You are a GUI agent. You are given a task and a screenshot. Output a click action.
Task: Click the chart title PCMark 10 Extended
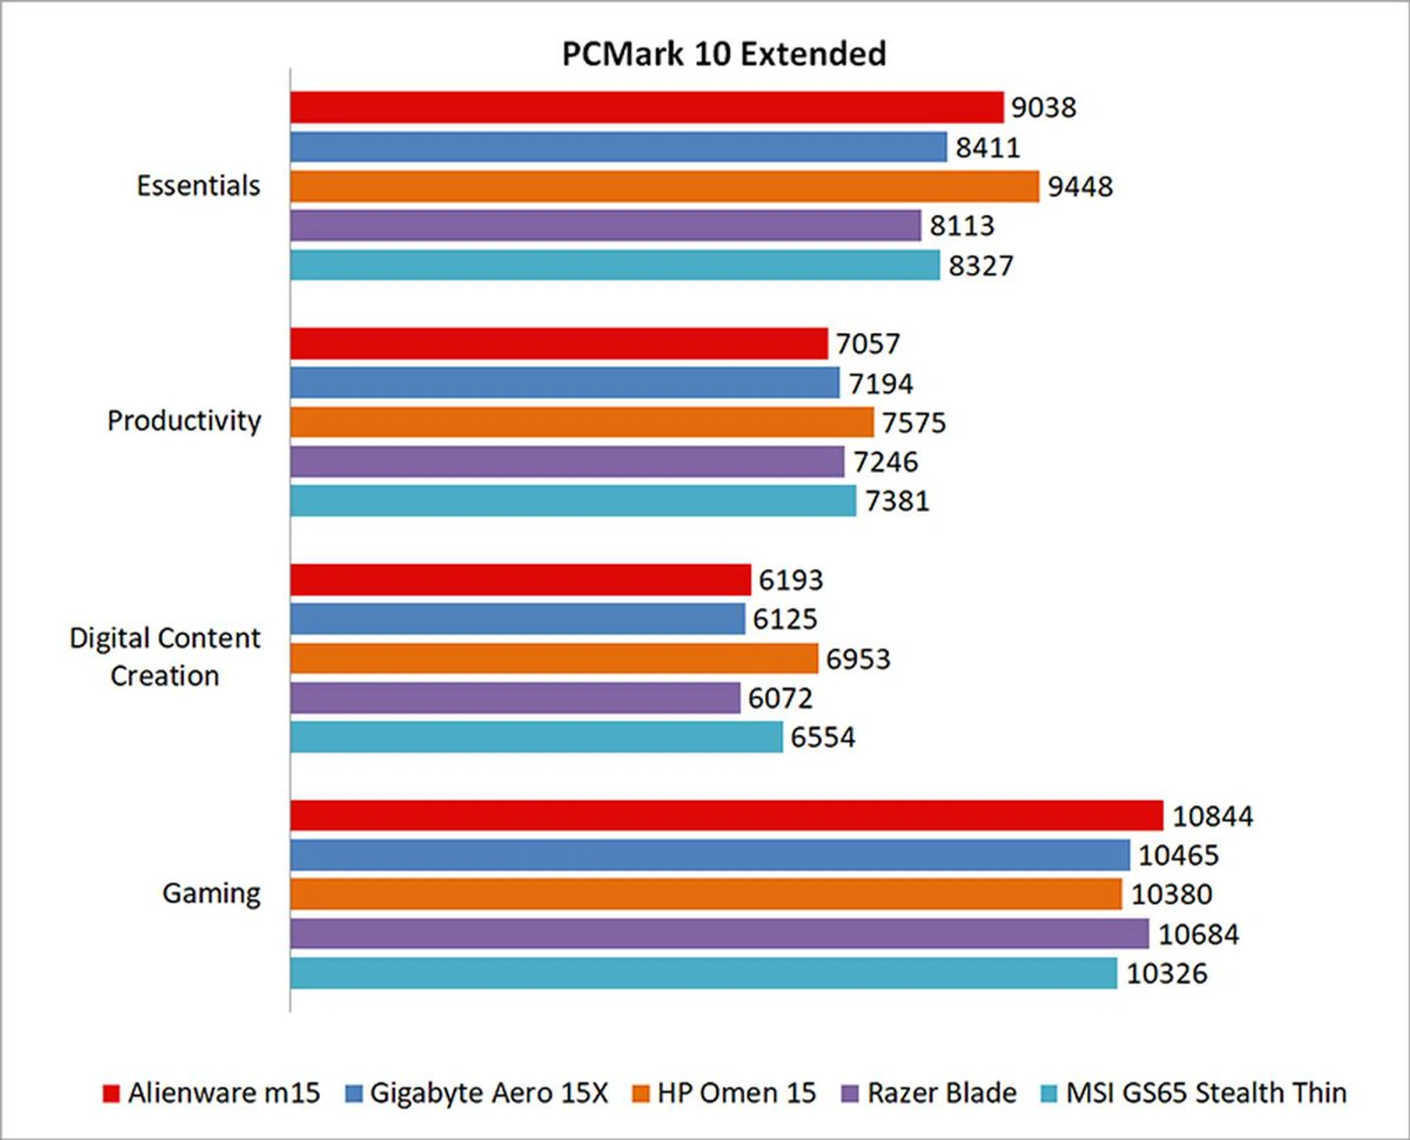(723, 54)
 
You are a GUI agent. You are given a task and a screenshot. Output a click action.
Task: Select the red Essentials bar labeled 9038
(646, 107)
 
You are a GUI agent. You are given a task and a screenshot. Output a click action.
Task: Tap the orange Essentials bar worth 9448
(665, 187)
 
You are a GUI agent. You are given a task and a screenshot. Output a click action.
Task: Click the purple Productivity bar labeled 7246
(567, 462)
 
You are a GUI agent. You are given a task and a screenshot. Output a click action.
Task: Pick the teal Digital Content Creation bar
(536, 737)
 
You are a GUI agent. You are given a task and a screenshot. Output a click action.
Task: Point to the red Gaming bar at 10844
(726, 816)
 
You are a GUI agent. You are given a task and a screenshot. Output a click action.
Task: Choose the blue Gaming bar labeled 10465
(709, 855)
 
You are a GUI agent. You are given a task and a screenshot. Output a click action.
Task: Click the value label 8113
(961, 226)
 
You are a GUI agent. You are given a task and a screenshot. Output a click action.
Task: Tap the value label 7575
(914, 423)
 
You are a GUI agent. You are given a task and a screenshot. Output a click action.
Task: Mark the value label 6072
(780, 698)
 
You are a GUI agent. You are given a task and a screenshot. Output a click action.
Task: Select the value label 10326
(1166, 973)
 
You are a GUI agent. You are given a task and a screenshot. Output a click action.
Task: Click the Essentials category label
(198, 186)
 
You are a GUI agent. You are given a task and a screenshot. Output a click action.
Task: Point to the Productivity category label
(184, 421)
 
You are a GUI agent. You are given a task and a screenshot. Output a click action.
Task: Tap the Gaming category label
(211, 894)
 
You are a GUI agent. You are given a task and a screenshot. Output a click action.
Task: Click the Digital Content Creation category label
(165, 657)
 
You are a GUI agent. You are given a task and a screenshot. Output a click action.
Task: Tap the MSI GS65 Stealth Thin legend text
(1206, 1093)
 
